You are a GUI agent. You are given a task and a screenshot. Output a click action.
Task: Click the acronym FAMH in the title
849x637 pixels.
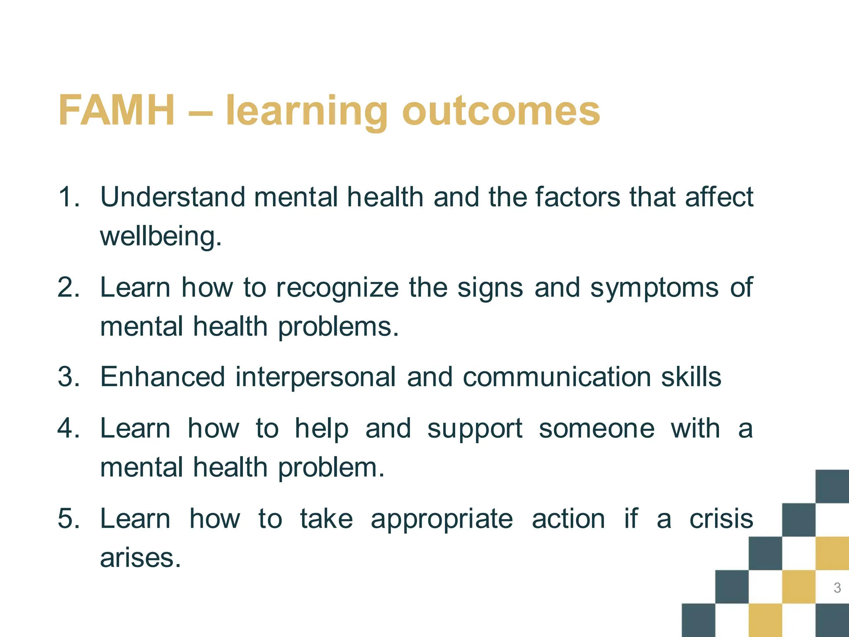[116, 110]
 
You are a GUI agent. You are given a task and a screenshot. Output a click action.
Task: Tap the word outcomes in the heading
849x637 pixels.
[501, 111]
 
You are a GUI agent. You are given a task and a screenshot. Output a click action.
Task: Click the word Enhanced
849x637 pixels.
[163, 377]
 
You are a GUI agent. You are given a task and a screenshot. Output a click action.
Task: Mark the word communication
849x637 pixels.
[557, 377]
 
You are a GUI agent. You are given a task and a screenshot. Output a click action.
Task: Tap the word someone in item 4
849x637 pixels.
[597, 428]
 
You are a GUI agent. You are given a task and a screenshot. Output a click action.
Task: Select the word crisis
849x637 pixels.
[721, 519]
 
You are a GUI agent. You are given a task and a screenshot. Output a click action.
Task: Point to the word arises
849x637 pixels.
[140, 558]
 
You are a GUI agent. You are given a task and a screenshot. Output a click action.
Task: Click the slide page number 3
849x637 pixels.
[837, 588]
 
